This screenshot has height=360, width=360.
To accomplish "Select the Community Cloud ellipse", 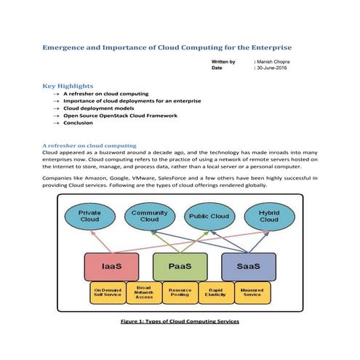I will (x=149, y=215).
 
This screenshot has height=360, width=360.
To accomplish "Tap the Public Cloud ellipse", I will (x=209, y=217).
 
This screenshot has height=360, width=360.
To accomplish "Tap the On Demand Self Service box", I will (x=108, y=292).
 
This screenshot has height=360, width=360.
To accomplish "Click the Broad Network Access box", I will (x=144, y=292).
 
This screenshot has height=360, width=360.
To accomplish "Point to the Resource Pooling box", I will (x=180, y=292).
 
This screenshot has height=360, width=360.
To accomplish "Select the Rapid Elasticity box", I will (x=215, y=292).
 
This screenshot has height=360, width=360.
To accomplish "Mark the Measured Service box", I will (x=252, y=292).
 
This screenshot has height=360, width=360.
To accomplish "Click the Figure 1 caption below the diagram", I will (x=180, y=321).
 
